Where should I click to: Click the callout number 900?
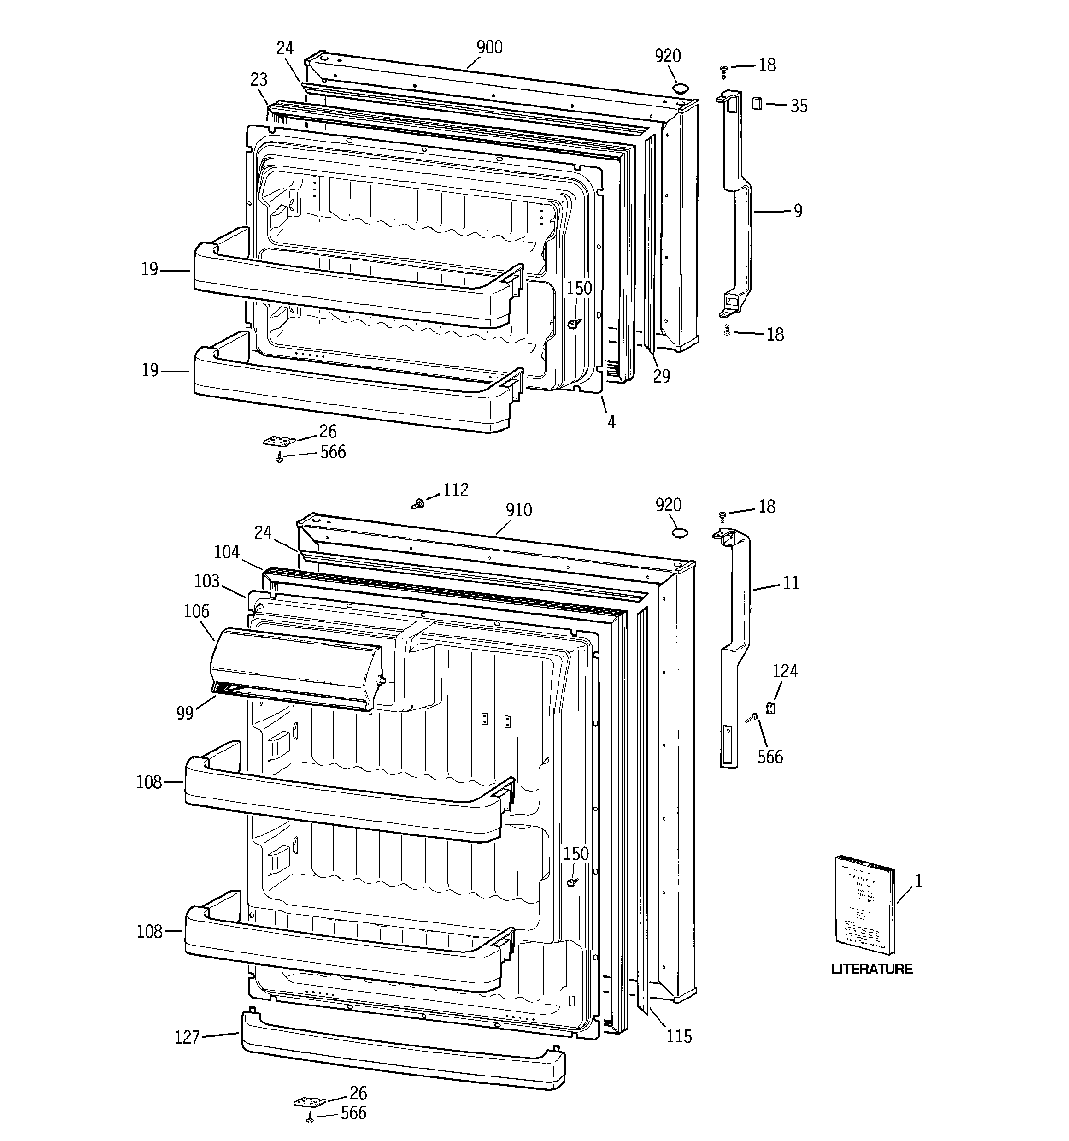tap(489, 47)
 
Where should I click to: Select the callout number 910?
tap(518, 510)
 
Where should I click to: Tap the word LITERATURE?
tap(872, 969)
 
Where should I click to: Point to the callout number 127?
tap(187, 1038)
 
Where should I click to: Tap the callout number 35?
tap(798, 106)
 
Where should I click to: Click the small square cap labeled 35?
tap(758, 103)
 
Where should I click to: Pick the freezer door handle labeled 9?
tap(737, 207)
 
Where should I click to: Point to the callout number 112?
tap(456, 490)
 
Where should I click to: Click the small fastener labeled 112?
tap(418, 504)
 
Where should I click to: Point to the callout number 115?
tap(678, 1036)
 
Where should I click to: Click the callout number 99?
tap(185, 713)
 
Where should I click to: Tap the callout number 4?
tap(611, 422)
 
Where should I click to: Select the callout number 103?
tap(206, 581)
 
